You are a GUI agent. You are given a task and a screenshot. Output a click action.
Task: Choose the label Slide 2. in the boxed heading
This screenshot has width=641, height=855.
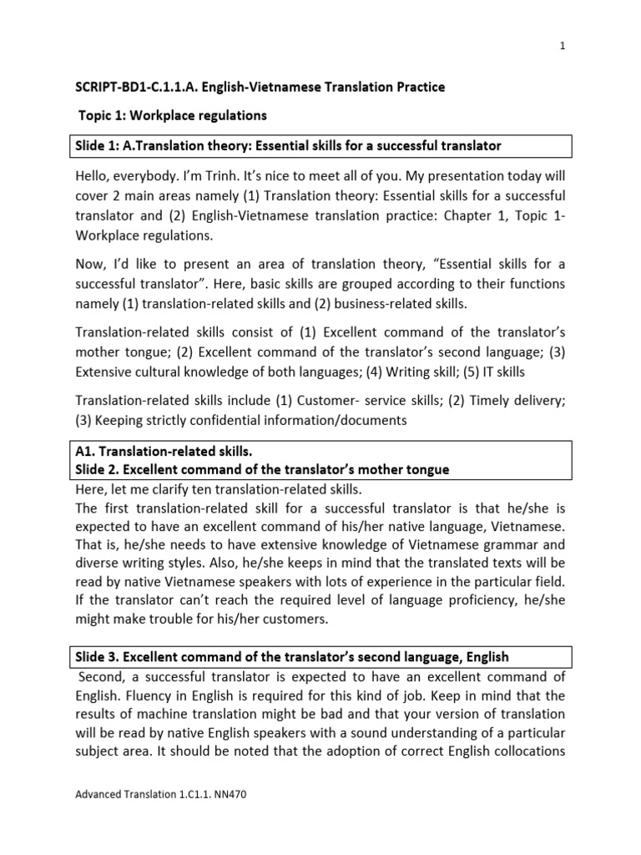coord(95,469)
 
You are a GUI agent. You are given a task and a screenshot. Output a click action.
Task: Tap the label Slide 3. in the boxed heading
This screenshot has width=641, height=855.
coord(95,657)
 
